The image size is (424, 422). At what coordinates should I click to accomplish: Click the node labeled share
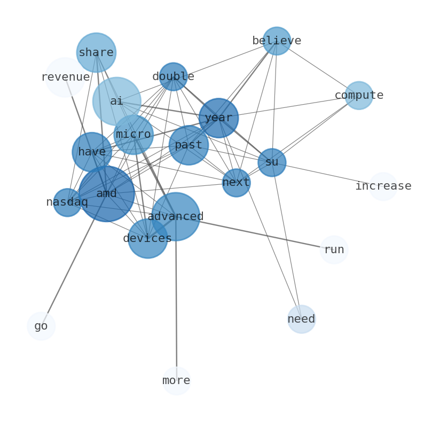[x=96, y=52]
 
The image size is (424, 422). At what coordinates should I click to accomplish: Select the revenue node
[x=65, y=77]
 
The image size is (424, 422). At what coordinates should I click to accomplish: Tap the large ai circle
[x=117, y=101]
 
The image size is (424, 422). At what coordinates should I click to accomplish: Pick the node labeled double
[x=174, y=76]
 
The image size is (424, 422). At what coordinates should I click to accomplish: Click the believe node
[x=277, y=41]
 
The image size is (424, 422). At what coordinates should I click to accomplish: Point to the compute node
[x=359, y=95]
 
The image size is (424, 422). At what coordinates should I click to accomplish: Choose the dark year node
[x=218, y=118]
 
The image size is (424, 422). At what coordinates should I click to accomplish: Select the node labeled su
[x=272, y=162]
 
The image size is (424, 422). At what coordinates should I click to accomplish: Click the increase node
[x=383, y=186]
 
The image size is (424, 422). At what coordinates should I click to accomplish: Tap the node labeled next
[x=237, y=183]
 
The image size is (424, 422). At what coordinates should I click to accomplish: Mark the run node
[x=334, y=249]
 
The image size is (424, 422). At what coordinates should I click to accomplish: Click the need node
[x=301, y=319]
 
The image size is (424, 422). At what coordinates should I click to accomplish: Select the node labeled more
[x=177, y=381]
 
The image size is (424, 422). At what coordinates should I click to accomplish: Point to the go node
[x=41, y=326]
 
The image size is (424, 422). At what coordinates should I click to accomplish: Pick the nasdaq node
[x=67, y=202]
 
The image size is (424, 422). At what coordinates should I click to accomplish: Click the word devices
[x=147, y=238]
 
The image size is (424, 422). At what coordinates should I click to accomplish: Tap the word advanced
[x=176, y=216]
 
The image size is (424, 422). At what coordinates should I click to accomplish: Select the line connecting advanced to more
[x=176, y=299]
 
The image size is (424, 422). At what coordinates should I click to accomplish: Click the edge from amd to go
[x=74, y=260]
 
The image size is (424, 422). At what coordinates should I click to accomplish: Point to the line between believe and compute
[x=318, y=68]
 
